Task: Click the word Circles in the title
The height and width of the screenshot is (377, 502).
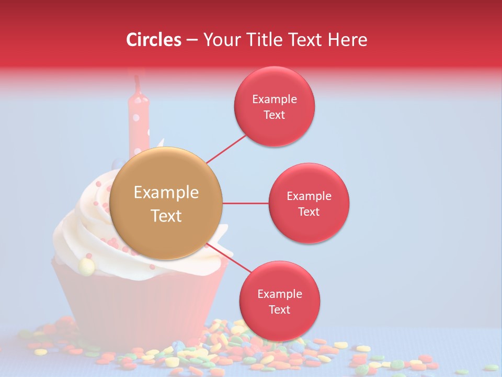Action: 154,40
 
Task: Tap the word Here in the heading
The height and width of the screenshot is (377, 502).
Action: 348,40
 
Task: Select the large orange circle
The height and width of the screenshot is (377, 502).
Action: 166,203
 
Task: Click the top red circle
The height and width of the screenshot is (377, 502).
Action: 275,106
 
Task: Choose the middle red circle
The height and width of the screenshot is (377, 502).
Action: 309,203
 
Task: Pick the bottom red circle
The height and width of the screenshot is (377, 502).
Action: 279,301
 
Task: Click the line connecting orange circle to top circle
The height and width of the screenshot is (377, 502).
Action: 226,149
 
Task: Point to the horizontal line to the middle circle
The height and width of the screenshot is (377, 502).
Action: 245,203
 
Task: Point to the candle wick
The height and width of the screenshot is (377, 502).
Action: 138,83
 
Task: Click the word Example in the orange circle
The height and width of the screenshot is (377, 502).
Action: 166,193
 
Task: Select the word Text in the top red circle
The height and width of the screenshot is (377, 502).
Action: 275,115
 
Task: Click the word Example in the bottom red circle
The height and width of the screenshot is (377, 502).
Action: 279,294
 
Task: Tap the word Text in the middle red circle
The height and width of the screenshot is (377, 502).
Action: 309,212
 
